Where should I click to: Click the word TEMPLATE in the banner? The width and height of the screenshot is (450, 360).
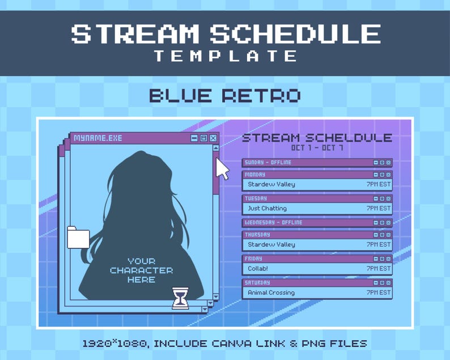[x=226, y=56]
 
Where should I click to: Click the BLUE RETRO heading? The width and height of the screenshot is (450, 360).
[x=224, y=95]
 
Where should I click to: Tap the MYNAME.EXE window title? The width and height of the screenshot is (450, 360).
[x=97, y=138]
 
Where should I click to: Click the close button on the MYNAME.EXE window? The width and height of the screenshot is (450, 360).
[x=213, y=138]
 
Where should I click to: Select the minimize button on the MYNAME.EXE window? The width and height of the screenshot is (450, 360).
[x=194, y=138]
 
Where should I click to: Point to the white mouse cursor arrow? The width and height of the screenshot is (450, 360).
[x=223, y=169]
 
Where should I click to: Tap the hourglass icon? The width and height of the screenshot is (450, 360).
[x=180, y=298]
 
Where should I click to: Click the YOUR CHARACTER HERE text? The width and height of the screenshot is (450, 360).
[x=141, y=270]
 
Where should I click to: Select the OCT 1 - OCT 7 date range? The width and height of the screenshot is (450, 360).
[x=317, y=148]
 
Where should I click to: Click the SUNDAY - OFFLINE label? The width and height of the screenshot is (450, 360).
[x=268, y=163]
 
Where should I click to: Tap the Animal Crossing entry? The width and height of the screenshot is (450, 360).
[x=271, y=293]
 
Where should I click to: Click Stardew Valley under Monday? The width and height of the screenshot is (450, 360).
[x=271, y=184]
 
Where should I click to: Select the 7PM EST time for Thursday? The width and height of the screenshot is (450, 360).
[x=379, y=244]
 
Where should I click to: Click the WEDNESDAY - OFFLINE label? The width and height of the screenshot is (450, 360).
[x=273, y=223]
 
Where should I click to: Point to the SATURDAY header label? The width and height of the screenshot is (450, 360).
[x=257, y=282]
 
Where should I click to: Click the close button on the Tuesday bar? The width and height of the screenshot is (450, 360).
[x=388, y=199]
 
